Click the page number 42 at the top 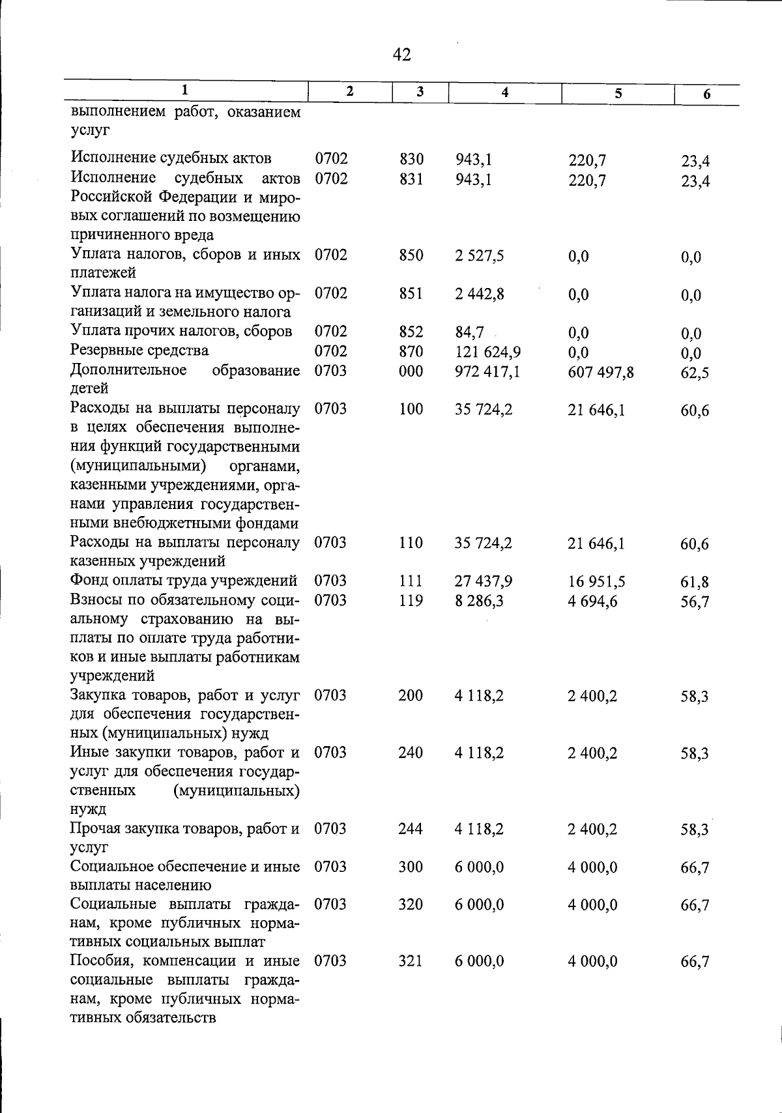[402, 55]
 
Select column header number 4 [505, 93]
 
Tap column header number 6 [706, 94]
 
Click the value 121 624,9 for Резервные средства [487, 353]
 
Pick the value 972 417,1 [487, 371]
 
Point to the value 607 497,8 [601, 373]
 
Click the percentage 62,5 [695, 373]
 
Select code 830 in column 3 [411, 159]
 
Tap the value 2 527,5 [480, 255]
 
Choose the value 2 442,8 [480, 294]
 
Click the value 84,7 [469, 333]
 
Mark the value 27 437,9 [484, 581]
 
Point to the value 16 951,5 [597, 582]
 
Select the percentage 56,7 [695, 601]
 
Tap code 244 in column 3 [411, 829]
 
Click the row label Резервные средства [139, 351]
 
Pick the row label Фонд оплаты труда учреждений [184, 581]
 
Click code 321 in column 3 [411, 961]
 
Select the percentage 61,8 [695, 583]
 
